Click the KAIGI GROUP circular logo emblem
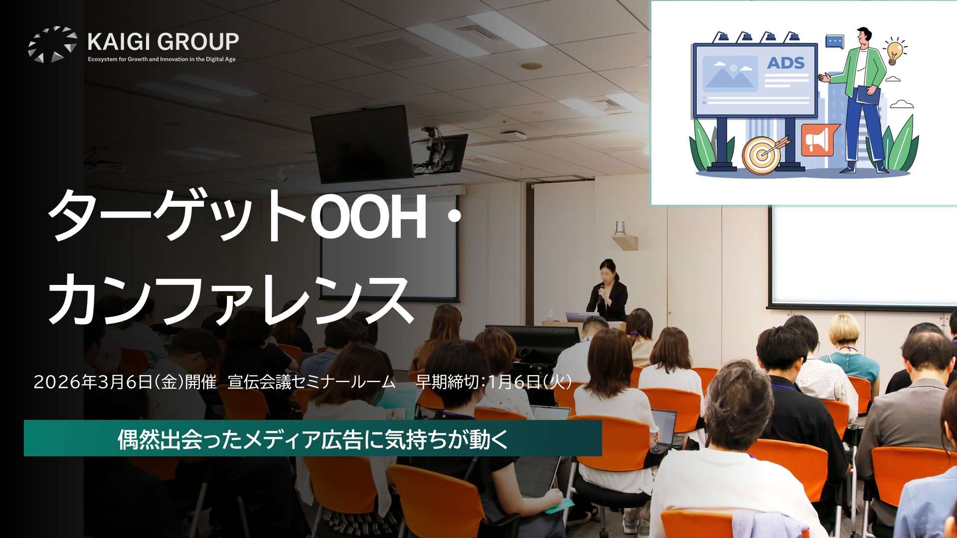tap(52, 44)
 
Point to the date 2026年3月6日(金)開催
tap(125, 382)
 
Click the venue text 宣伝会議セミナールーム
tap(312, 382)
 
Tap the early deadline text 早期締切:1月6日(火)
tap(493, 382)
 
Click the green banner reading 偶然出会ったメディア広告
tap(313, 438)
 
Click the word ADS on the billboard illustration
tap(786, 63)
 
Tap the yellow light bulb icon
tap(895, 50)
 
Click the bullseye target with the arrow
tap(763, 153)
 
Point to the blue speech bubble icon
tap(834, 41)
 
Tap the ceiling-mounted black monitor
tap(362, 143)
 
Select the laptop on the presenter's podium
tap(582, 317)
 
